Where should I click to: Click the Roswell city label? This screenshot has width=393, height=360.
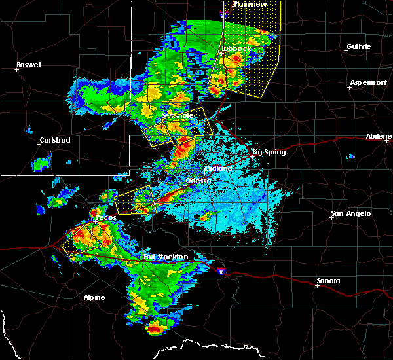29,65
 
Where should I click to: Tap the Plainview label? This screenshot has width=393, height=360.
251,4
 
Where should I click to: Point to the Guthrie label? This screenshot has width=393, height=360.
359,46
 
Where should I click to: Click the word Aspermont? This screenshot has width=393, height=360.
368,82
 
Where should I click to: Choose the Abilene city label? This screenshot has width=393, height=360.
379,136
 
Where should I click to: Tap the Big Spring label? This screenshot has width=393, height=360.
270,152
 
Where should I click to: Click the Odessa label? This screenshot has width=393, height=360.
198,181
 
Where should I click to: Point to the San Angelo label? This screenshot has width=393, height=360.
350,213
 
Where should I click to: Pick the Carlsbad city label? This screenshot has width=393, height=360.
54,140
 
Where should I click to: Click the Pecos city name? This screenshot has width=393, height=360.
105,217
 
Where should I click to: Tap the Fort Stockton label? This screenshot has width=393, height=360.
166,257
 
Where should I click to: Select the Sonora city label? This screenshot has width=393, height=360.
328,281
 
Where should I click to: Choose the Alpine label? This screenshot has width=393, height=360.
94,298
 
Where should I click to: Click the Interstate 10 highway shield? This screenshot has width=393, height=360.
221,268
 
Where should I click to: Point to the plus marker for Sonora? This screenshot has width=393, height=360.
317,285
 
